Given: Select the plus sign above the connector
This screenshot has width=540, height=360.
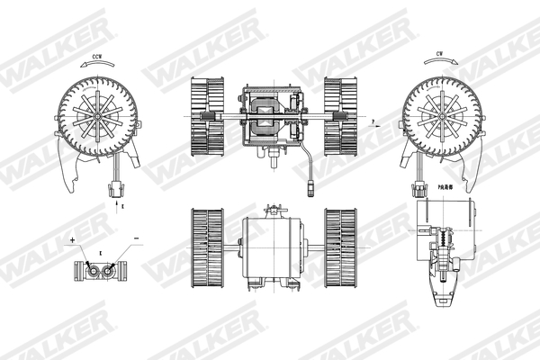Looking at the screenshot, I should [72, 241].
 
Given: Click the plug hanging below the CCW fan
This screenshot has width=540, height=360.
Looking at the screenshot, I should [115, 190].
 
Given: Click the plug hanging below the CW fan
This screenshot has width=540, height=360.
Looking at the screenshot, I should [421, 190].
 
